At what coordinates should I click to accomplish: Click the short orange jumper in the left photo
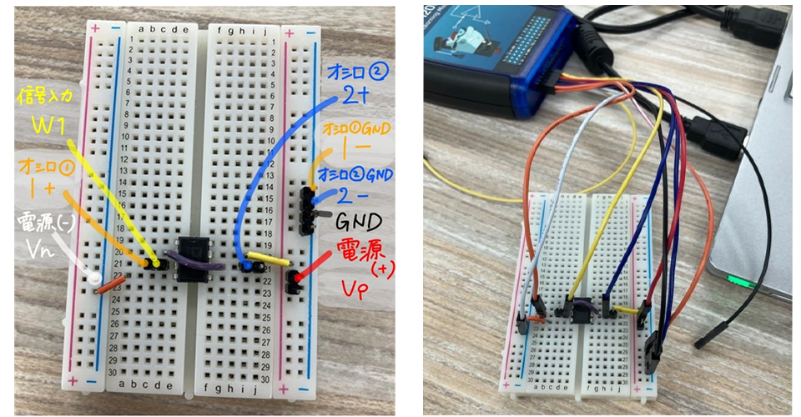(x=110, y=285)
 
